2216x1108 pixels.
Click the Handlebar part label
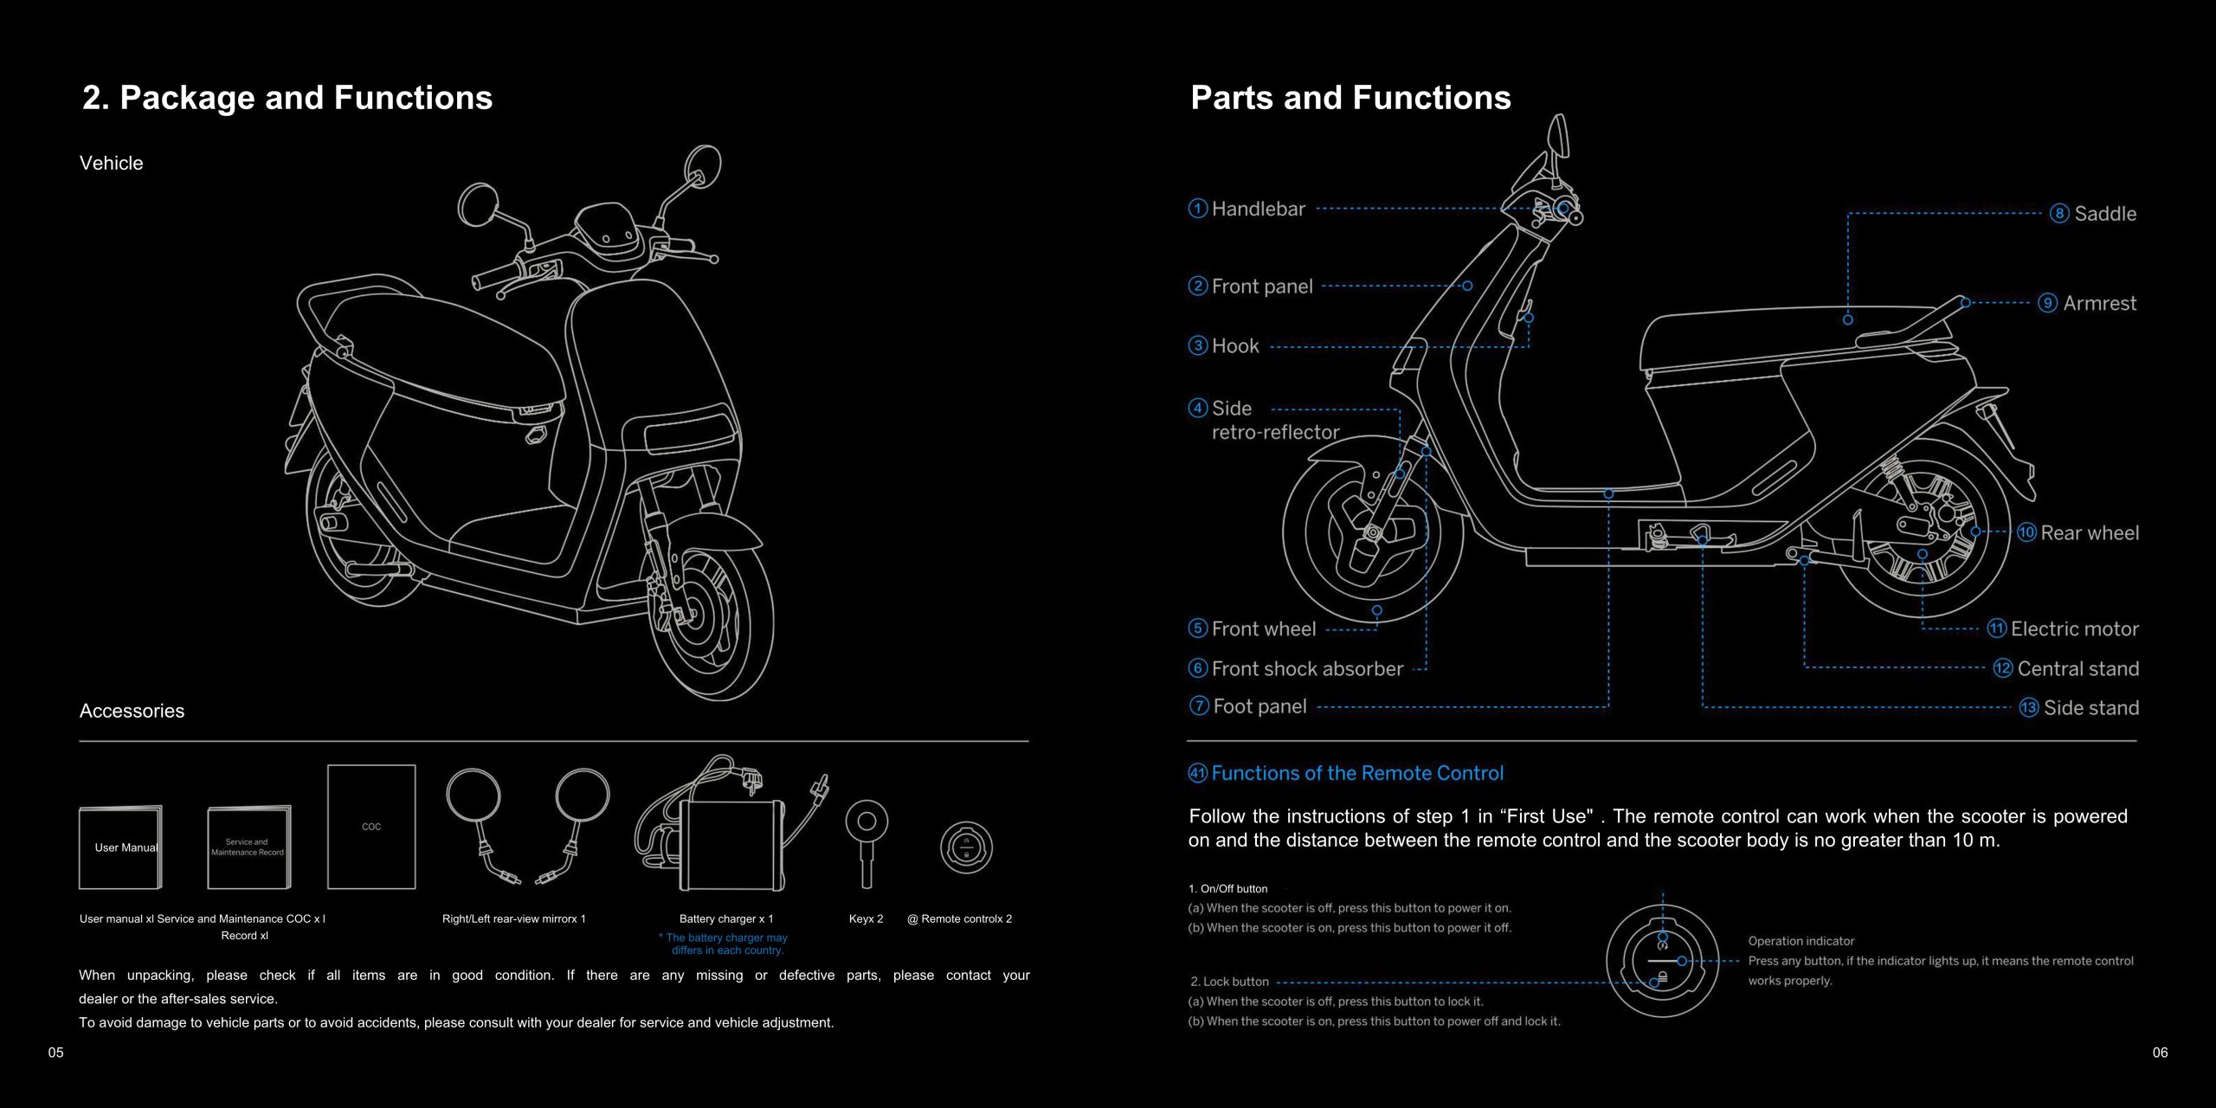pos(1258,209)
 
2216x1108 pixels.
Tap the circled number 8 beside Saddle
pos(2059,214)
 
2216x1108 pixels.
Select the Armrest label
pos(2099,303)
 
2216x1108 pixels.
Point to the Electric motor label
pos(2074,629)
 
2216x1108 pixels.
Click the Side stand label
pos(2090,708)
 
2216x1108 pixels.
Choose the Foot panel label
pos(1259,706)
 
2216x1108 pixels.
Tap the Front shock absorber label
pos(1307,669)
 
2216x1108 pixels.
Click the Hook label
pos(1235,346)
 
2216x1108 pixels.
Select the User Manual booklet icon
pos(120,847)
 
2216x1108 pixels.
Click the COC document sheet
pos(371,827)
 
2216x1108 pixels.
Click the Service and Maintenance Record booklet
pos(248,847)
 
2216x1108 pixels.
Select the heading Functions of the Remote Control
pos(1357,773)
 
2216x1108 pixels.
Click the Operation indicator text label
pos(1800,941)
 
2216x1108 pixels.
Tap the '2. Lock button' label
pos(1229,982)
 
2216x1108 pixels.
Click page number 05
pos(56,1053)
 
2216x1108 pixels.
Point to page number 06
pos(2160,1053)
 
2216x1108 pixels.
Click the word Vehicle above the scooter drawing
pos(111,163)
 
